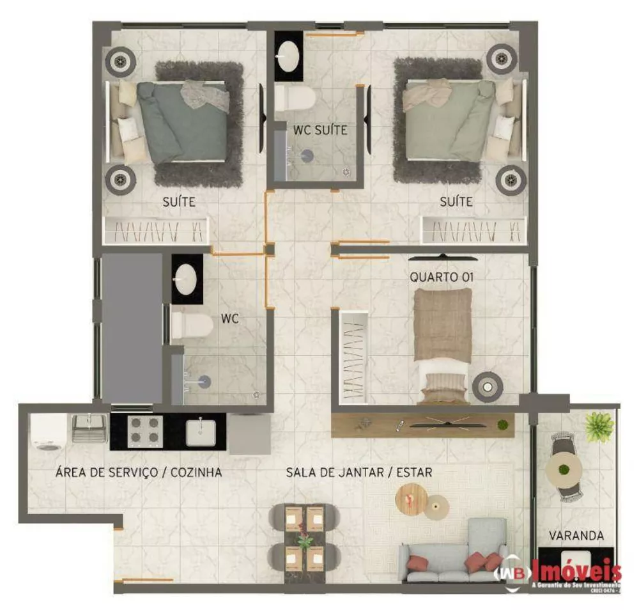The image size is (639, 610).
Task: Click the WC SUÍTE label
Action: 320,130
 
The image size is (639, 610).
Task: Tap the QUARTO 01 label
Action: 442,278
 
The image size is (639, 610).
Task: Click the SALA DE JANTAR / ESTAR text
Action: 359,473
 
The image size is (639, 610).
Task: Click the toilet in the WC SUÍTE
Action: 296,99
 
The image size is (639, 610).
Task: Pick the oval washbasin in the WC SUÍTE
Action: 289,56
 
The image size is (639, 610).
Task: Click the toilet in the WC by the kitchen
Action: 192,325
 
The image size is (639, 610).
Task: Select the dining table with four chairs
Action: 304,537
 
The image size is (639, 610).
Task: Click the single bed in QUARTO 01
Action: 443,342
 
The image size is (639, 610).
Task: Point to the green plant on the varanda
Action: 599,426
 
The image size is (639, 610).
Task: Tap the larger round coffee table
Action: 412,497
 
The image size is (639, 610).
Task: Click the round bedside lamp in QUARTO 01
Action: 488,386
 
